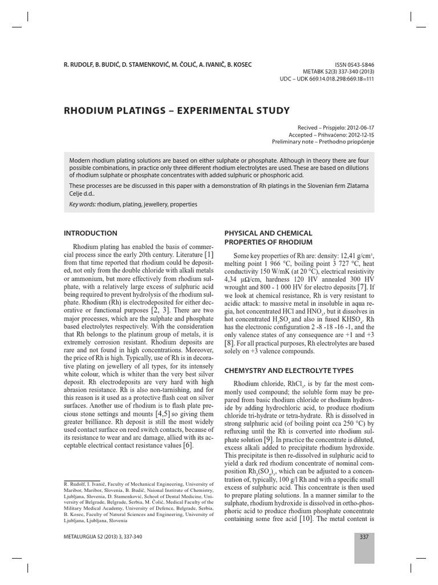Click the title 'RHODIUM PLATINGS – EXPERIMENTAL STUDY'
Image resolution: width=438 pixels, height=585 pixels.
point(177,110)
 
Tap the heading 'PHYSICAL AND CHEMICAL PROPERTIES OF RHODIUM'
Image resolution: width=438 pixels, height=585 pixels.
point(269,237)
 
